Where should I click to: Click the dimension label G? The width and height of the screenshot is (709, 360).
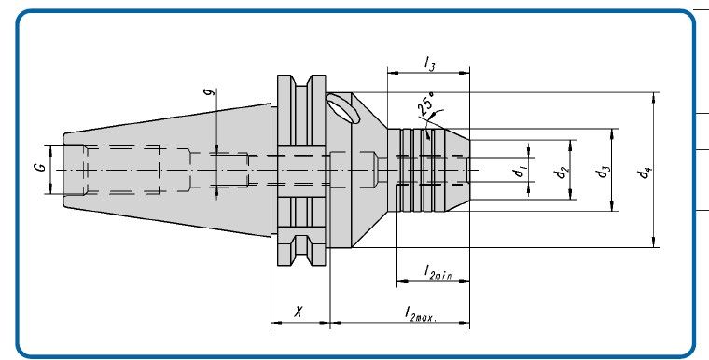pos(41,167)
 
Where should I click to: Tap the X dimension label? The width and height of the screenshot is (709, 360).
pos(299,312)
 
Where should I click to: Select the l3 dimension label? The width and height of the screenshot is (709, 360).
pos(429,63)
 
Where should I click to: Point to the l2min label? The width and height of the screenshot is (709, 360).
pos(438,272)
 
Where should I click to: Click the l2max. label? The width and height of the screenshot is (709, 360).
pos(421,313)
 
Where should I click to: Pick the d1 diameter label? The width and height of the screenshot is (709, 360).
pos(520,172)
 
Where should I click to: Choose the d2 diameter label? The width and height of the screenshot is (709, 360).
pos(562,172)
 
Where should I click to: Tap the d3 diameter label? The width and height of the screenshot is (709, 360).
pos(603,172)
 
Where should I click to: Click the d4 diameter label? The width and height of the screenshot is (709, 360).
pos(645,172)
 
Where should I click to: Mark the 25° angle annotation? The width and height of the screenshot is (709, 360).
pos(425,103)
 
